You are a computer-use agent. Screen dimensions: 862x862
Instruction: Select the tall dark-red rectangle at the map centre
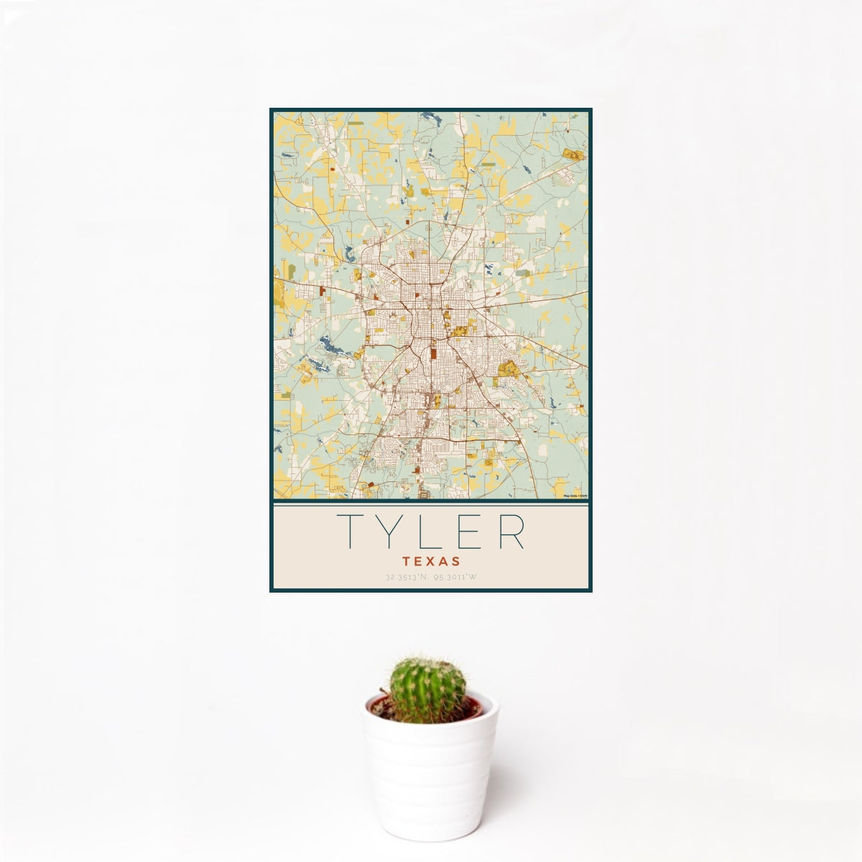433,354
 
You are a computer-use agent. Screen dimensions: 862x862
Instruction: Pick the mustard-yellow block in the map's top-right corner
573,154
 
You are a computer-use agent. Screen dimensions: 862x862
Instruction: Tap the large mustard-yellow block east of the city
510,368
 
